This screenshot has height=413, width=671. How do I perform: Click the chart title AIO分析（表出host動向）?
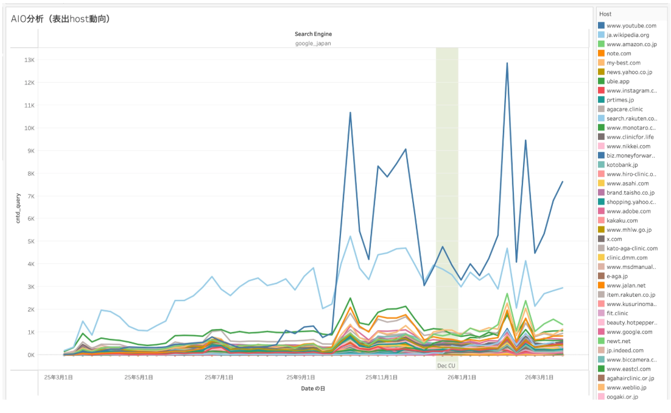coord(60,19)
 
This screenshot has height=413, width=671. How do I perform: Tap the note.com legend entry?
coord(619,54)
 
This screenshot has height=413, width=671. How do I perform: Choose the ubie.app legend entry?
coord(619,82)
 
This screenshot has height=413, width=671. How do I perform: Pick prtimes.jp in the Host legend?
coord(620,100)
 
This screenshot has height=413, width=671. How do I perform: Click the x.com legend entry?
coord(616,239)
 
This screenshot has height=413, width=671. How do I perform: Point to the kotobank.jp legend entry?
coord(622,165)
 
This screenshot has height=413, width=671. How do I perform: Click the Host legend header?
coord(605,14)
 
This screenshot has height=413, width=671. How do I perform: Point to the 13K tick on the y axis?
coord(29,60)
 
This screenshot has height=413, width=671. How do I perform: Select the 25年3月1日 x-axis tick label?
coord(58,378)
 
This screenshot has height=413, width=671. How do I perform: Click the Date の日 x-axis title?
coord(313,388)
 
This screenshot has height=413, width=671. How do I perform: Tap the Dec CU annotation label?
coord(446,366)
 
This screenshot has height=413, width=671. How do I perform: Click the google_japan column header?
coord(313,44)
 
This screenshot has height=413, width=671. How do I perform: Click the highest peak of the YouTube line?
coord(507,63)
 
